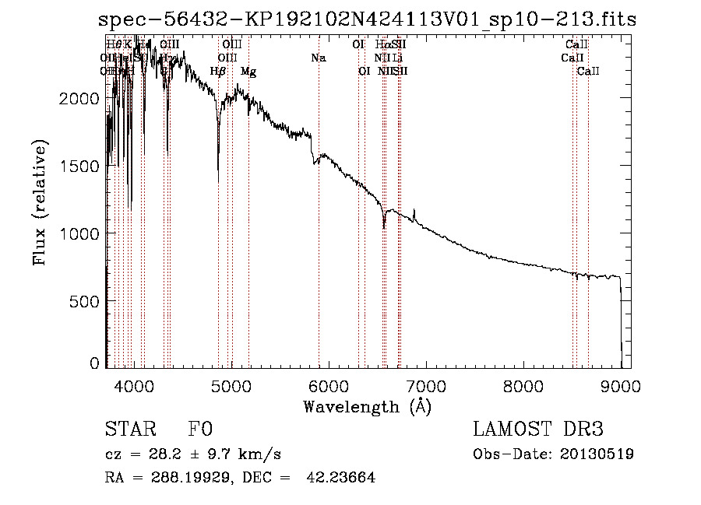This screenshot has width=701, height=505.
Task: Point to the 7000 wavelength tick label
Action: coord(426,385)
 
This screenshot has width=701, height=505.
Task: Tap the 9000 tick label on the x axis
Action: coord(621,385)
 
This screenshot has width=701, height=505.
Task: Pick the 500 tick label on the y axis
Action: coord(87,302)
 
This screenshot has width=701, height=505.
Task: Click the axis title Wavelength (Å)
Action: coord(367,406)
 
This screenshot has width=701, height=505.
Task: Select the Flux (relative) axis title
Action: coord(40,202)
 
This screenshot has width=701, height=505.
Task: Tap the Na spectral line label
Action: coord(319,58)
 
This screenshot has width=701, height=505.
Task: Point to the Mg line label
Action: coord(248,72)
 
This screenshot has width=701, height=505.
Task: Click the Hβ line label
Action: coord(218,72)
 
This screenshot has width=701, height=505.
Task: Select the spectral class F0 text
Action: coord(200,430)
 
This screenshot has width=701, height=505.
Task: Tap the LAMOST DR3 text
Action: coord(537,430)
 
